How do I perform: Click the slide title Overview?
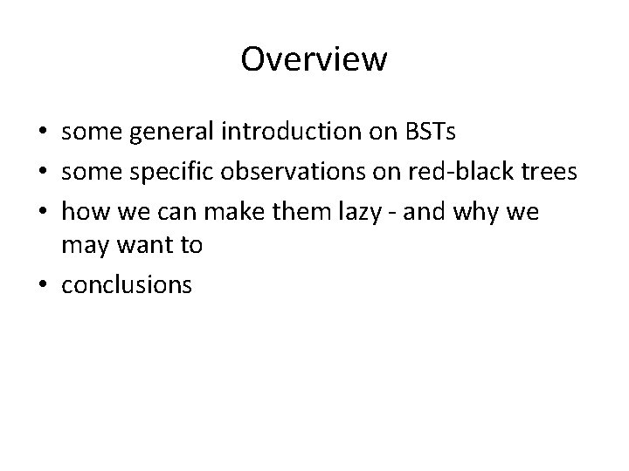click(314, 60)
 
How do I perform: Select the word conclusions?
click(127, 284)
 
